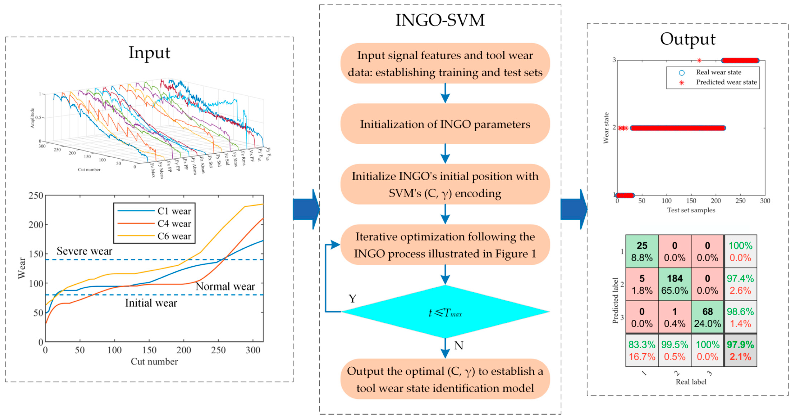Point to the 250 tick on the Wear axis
coord(36,196)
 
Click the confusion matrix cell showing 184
coord(675,284)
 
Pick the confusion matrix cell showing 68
coord(707,317)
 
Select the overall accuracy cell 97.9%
coord(740,350)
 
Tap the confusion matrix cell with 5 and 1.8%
coord(642,284)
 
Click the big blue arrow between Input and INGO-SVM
coord(306,209)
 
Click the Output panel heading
coord(687,39)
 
